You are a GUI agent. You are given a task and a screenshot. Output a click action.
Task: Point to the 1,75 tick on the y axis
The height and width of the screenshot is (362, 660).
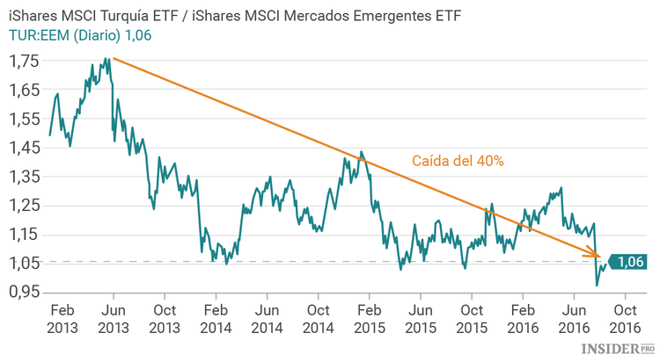pyautogui.click(x=24, y=62)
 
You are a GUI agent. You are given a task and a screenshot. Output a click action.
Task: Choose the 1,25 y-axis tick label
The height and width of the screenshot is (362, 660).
pyautogui.click(x=24, y=206)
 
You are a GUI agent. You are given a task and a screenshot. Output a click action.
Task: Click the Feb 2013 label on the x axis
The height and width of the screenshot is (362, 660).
pyautogui.click(x=61, y=318)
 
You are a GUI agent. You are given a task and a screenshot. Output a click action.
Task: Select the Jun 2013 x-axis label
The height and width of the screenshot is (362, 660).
pyautogui.click(x=113, y=318)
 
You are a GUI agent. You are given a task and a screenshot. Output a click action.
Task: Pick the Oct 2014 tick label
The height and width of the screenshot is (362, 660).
pyautogui.click(x=318, y=318)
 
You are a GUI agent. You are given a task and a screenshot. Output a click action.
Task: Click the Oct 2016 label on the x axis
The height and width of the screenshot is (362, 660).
pyautogui.click(x=625, y=318)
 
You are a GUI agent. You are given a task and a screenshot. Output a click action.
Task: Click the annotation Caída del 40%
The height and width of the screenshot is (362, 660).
pyautogui.click(x=458, y=161)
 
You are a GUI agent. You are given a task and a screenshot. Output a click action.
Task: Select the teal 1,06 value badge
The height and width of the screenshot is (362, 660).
pyautogui.click(x=628, y=261)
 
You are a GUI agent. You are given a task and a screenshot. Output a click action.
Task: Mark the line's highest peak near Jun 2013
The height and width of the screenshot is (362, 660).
pyautogui.click(x=106, y=59)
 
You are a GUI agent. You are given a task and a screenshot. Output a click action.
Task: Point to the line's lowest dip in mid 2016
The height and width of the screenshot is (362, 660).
pyautogui.click(x=598, y=286)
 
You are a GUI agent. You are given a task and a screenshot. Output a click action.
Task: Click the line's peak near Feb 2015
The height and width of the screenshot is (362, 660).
pyautogui.click(x=361, y=151)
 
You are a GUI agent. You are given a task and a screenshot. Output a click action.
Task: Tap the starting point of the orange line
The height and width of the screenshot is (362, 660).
pyautogui.click(x=114, y=58)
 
